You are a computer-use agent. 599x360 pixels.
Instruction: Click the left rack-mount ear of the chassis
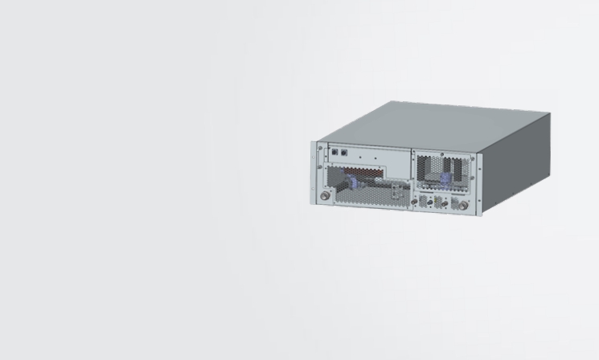point(314,173)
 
